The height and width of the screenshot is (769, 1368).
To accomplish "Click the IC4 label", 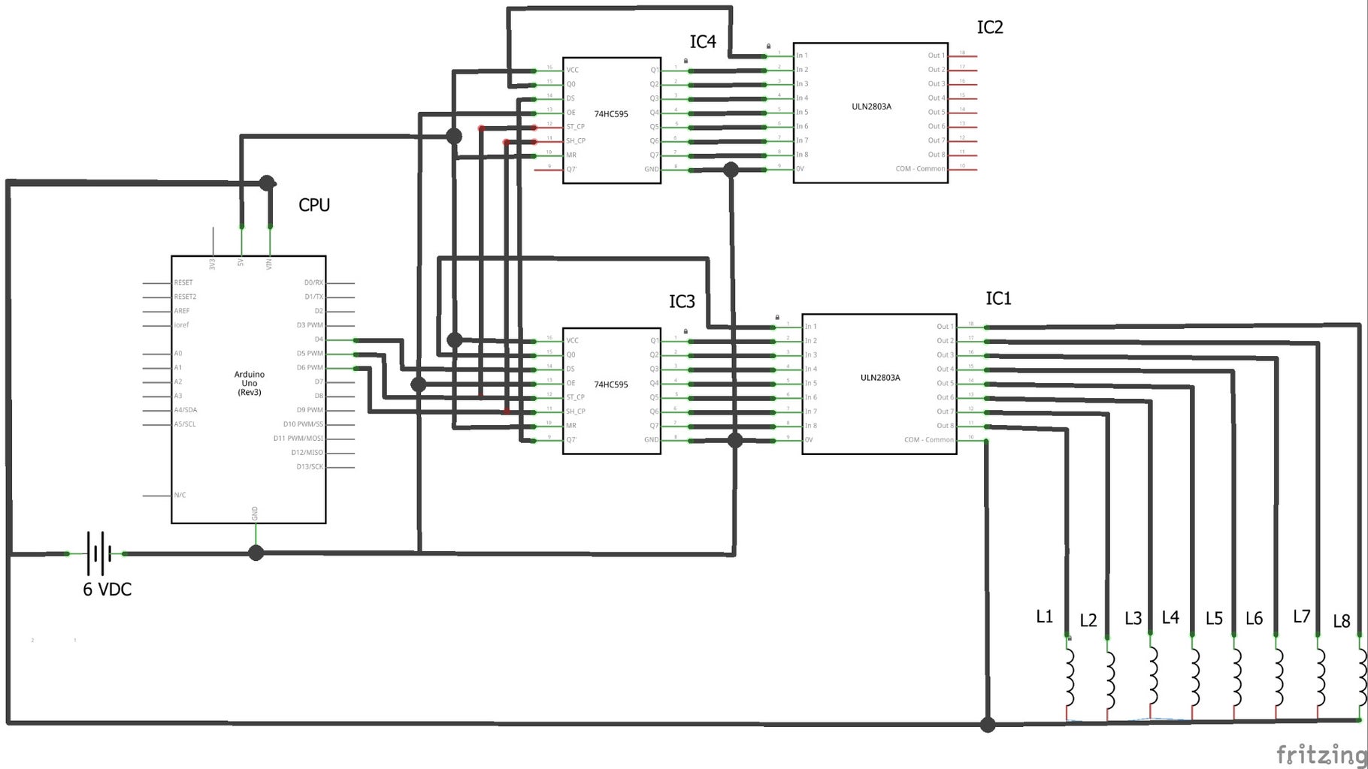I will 703,42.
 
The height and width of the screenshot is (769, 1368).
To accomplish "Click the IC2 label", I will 990,28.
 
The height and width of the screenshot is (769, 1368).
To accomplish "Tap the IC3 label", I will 682,302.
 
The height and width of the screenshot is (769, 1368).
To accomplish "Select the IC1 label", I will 998,299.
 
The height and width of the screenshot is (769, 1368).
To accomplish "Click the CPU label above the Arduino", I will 314,205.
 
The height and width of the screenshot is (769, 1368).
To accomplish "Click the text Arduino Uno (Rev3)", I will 250,383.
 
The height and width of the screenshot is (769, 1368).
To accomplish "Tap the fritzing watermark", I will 1321,753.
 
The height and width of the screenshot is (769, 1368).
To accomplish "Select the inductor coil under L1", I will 1069,677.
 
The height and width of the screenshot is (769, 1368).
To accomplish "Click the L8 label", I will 1341,621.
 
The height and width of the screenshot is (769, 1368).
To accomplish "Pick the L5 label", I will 1214,618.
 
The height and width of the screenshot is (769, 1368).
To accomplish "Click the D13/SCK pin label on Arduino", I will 310,467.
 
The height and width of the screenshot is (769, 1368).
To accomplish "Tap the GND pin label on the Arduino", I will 256,514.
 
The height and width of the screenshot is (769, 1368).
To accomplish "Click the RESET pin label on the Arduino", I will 183,283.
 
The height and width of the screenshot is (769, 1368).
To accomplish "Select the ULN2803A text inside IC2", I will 871,107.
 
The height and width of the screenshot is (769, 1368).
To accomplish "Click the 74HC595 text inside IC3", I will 611,384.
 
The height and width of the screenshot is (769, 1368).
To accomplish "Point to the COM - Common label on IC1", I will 929,440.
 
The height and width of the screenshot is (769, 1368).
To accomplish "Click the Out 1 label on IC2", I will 935,56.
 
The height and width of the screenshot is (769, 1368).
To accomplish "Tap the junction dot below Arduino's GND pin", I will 256,553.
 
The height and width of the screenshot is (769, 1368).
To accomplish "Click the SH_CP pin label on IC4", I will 576,141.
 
